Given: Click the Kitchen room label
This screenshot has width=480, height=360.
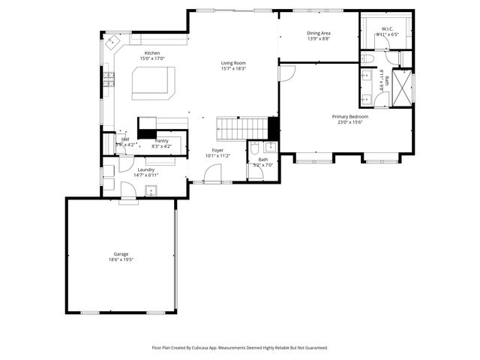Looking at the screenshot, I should click(x=152, y=53).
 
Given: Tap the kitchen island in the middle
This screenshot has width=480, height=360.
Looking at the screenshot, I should click(x=154, y=82).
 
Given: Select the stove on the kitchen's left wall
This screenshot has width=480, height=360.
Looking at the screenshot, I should click(x=109, y=78).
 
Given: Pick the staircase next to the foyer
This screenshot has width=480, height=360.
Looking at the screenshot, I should click(x=242, y=128).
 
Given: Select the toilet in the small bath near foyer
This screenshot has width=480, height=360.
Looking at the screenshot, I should click(x=255, y=148).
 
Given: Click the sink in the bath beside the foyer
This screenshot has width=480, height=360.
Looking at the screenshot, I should click(x=271, y=146).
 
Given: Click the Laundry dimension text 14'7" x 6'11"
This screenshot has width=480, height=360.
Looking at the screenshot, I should click(x=145, y=175).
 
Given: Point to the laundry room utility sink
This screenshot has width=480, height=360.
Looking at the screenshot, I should click(x=151, y=190).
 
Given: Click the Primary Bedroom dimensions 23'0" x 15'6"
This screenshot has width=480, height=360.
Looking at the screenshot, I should click(x=347, y=122).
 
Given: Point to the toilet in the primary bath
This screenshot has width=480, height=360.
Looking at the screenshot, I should click(x=367, y=58).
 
